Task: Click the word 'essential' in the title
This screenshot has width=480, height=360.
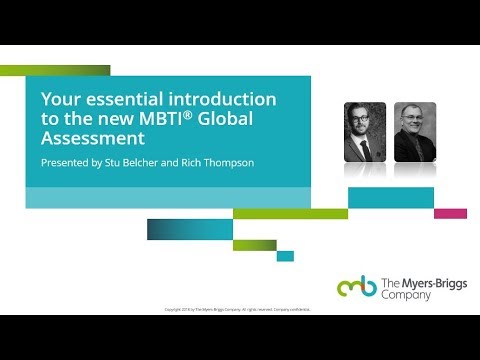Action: coord(110,99)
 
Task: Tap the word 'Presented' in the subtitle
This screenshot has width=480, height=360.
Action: coord(64,163)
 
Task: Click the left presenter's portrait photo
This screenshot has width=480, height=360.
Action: coord(365,132)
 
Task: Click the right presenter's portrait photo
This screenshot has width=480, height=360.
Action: coord(414,132)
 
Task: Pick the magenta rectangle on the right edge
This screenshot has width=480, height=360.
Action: coord(450,213)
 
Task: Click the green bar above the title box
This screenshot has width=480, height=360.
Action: coord(55,70)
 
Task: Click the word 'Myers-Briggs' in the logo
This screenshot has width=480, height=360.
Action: coord(426,284)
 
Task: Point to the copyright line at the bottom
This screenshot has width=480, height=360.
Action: coord(238,310)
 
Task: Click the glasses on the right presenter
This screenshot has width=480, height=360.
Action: coord(414,119)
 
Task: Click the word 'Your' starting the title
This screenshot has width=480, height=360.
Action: coord(56,99)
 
